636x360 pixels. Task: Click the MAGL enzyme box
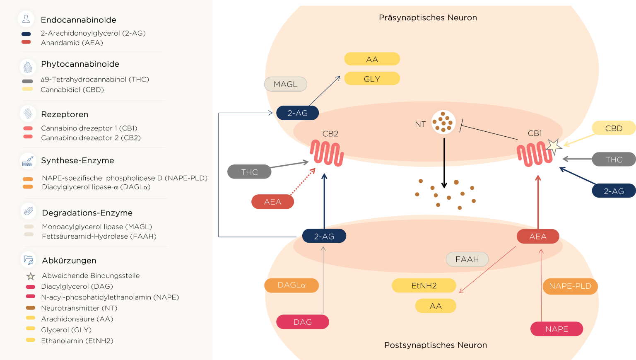pos(285,84)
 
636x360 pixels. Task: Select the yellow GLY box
pos(372,79)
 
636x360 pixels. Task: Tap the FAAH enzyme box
pos(467,259)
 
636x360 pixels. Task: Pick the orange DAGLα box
pos(291,285)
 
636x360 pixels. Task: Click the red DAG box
pos(302,322)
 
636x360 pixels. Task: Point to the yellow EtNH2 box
pos(424,285)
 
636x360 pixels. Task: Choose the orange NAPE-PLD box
pos(570,286)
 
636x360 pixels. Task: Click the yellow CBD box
pos(614,128)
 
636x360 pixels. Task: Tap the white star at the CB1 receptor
pos(554,146)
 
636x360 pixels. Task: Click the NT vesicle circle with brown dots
pos(443,122)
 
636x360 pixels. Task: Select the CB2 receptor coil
pos(327,153)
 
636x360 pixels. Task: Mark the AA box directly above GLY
pos(372,59)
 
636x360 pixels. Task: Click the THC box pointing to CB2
pos(249,172)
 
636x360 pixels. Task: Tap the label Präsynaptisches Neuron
pos(428,17)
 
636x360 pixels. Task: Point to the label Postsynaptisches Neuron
pos(435,345)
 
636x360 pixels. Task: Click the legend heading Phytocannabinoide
pos(80,64)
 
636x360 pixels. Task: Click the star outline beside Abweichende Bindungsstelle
pos(31,276)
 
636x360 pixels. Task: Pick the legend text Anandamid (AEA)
pos(72,43)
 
